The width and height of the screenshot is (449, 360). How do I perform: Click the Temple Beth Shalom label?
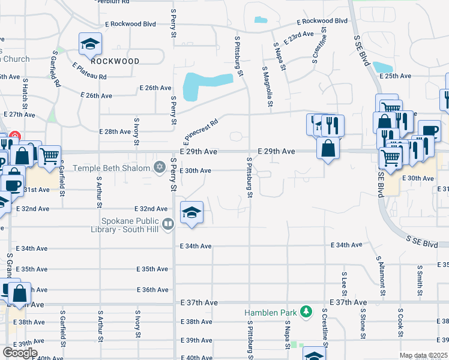(x=112, y=168)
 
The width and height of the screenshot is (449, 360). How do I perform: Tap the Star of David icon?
(x=160, y=167)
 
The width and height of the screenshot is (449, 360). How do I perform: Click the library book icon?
(x=169, y=225)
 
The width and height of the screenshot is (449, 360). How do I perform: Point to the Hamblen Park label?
(x=271, y=313)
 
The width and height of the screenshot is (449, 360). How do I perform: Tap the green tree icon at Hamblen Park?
(x=307, y=311)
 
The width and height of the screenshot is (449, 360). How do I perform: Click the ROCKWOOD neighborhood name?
(x=115, y=61)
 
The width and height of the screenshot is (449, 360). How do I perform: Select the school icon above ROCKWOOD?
(x=90, y=44)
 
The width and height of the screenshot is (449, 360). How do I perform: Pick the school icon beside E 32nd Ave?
(x=192, y=213)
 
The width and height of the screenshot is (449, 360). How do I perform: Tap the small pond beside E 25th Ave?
(x=382, y=67)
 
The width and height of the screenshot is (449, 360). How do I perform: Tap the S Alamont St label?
(x=380, y=275)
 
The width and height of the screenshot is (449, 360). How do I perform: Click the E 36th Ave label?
(x=152, y=290)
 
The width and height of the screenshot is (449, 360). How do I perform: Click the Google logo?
(x=20, y=353)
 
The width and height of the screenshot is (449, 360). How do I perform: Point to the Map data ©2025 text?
(x=423, y=356)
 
